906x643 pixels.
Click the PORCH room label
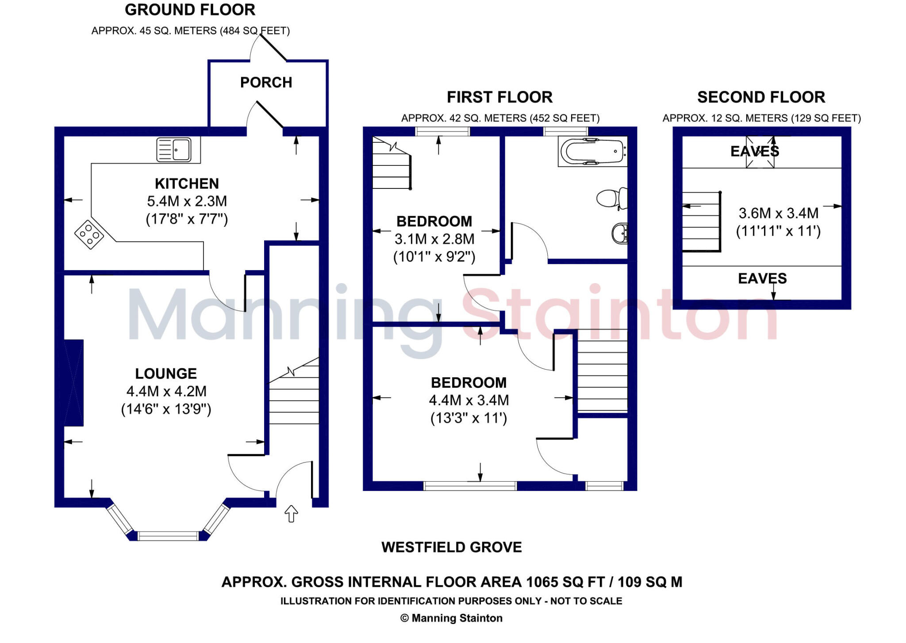[x=266, y=83]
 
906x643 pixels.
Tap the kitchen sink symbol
[x=174, y=150]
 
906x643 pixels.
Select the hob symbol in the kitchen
[x=89, y=234]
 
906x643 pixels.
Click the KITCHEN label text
[x=187, y=184]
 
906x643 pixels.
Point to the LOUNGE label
[x=166, y=374]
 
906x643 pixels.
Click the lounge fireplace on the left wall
[x=74, y=383]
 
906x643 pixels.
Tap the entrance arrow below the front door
[x=291, y=514]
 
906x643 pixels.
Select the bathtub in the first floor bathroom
[x=592, y=151]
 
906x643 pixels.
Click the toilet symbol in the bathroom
[x=611, y=199]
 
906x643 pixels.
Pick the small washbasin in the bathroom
[x=619, y=233]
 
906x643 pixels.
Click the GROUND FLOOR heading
[x=190, y=10]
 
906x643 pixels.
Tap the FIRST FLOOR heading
[x=499, y=97]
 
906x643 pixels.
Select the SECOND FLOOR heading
[x=761, y=97]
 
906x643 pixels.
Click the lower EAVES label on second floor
[x=762, y=279]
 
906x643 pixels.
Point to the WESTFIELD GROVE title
[x=452, y=547]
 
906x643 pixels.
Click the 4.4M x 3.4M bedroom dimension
[x=469, y=401]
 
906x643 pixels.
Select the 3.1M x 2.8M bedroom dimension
[x=434, y=239]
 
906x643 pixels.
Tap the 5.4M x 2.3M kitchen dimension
[x=187, y=202]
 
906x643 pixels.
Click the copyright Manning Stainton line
[x=452, y=618]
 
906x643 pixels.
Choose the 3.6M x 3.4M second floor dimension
[x=779, y=214]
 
